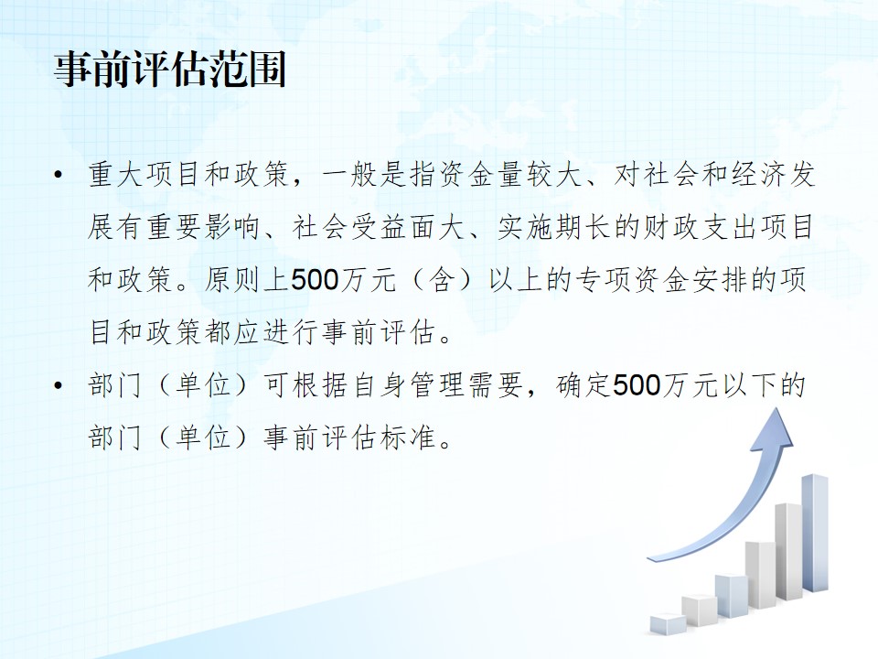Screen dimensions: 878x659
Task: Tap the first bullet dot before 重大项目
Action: tap(58, 175)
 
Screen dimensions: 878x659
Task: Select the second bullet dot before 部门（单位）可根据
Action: tap(58, 385)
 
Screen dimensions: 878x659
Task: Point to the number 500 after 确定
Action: tap(637, 385)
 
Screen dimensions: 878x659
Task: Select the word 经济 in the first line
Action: tap(758, 175)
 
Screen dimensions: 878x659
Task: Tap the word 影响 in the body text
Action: tap(233, 228)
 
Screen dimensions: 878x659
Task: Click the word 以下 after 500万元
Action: tap(750, 385)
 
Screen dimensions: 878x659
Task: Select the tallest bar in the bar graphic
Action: tap(815, 534)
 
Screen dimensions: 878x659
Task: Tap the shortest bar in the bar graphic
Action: tap(668, 623)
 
